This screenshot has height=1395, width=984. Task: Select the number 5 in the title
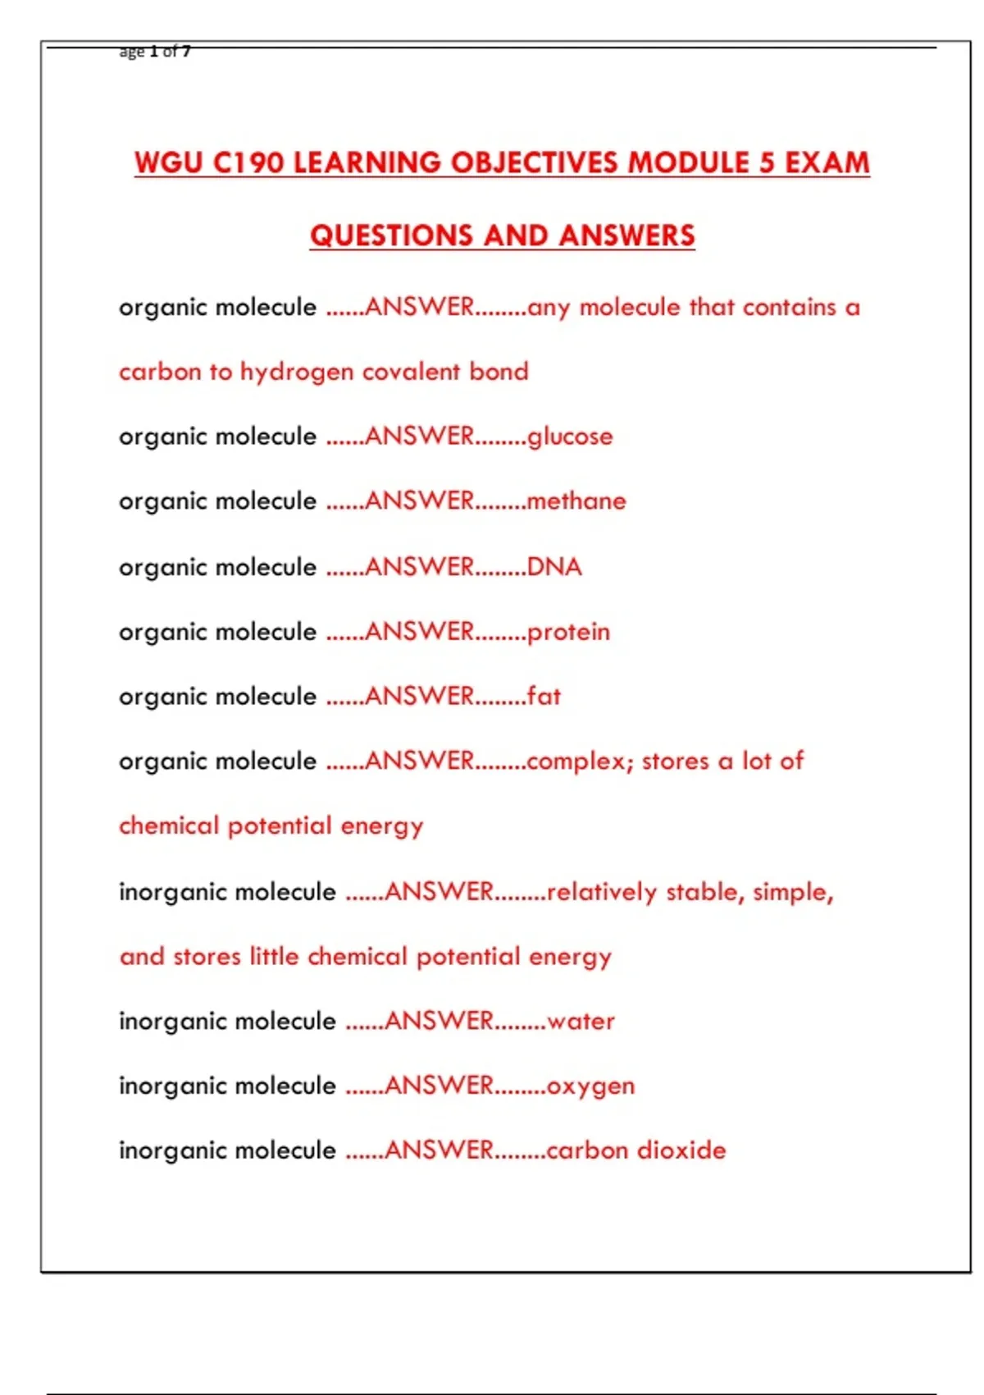click(x=767, y=162)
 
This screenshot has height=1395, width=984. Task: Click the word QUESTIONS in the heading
click(x=389, y=236)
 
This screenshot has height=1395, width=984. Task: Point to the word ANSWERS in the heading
click(x=627, y=236)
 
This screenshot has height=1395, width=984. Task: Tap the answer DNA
click(x=554, y=566)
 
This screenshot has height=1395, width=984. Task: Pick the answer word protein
click(x=568, y=632)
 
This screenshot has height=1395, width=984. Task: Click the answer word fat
click(x=544, y=696)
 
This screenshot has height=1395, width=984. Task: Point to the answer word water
click(x=581, y=1021)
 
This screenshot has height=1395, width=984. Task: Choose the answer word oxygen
click(x=590, y=1086)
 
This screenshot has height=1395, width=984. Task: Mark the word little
click(x=274, y=956)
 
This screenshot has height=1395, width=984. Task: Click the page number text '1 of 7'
click(x=171, y=52)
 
